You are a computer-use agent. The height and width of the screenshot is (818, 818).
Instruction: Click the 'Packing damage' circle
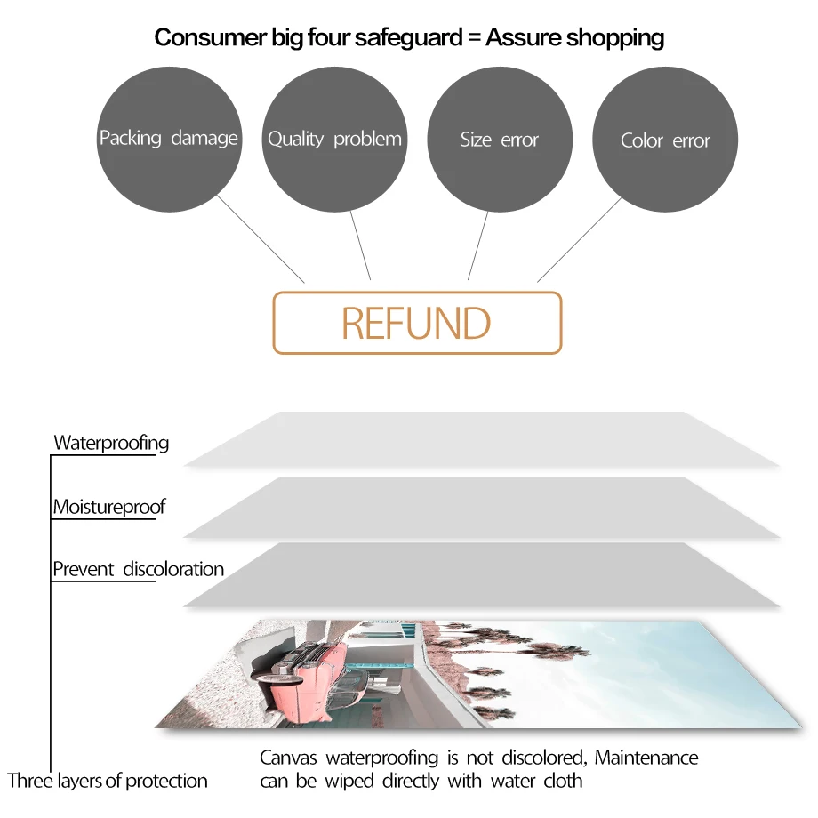point(168,138)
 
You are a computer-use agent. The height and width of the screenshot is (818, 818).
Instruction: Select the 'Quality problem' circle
point(334,139)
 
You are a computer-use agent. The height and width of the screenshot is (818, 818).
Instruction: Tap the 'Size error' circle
point(499,140)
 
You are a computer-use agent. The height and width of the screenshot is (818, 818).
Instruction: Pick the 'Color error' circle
point(665,140)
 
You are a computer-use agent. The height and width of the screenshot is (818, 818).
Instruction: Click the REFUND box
point(417,323)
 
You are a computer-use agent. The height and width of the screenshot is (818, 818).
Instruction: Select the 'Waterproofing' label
point(111,442)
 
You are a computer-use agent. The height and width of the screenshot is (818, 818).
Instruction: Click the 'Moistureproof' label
point(109,507)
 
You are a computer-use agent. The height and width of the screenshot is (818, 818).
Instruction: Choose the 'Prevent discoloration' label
point(138,569)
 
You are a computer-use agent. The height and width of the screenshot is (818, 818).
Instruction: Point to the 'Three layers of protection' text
point(108,781)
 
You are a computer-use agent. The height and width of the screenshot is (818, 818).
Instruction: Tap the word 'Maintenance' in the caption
point(646,758)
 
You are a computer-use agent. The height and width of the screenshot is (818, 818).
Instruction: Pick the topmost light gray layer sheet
point(480,439)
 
